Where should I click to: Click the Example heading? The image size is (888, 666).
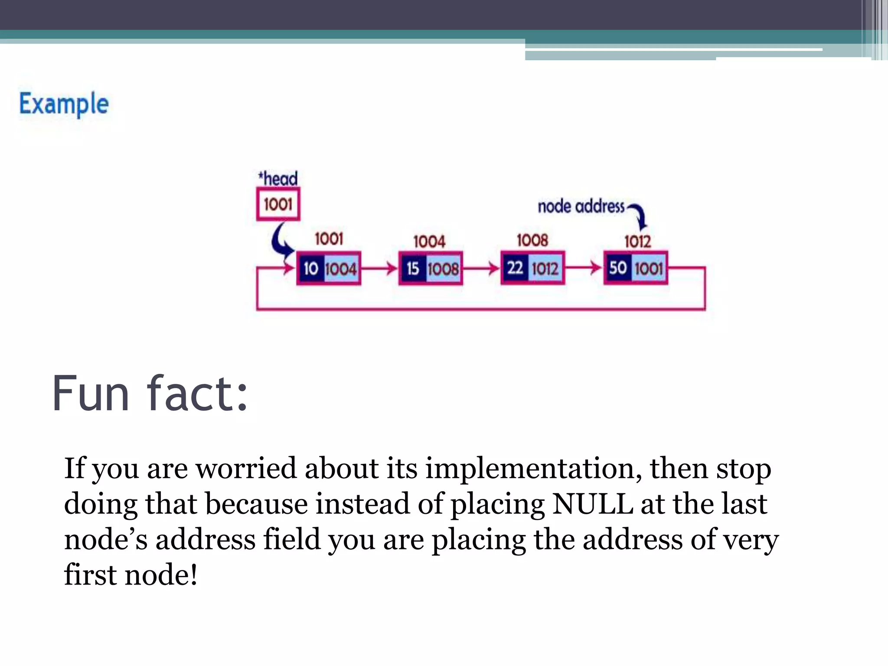coord(64,104)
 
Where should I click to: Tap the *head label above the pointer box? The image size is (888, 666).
coord(278,179)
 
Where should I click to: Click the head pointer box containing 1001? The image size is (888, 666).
coord(278,204)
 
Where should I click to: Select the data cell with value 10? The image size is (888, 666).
coord(311,268)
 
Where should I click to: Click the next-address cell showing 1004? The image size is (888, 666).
coord(341,269)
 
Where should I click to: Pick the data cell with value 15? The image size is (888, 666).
coord(413,269)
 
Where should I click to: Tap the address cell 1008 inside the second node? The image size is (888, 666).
coord(443,269)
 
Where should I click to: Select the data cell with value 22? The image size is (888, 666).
coord(515,268)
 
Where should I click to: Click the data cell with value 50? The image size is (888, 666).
coord(618,268)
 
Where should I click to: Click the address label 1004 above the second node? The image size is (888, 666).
coord(429,242)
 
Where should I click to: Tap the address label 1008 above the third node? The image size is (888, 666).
coord(532,240)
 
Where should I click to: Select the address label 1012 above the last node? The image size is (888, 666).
coord(638,242)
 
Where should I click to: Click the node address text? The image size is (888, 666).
coord(581,206)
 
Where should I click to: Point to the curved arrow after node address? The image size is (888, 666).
coord(639,215)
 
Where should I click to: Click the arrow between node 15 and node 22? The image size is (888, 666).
coord(481,268)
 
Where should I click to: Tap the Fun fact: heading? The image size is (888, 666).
coord(150,394)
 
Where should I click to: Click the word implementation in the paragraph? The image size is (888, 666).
coord(533,468)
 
